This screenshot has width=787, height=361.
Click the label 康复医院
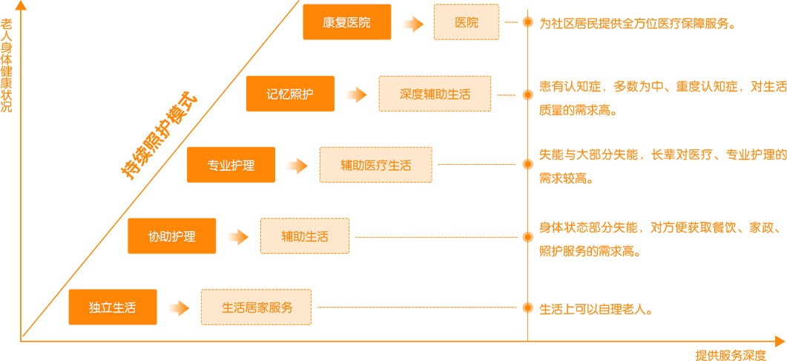click(x=346, y=23)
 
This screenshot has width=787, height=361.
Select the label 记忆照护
click(x=290, y=94)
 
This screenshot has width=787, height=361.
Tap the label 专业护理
click(x=231, y=166)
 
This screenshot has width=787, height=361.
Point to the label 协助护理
click(x=171, y=237)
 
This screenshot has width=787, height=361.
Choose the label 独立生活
click(x=112, y=308)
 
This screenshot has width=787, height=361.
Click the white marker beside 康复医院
click(x=409, y=25)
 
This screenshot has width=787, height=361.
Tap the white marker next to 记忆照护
click(x=352, y=94)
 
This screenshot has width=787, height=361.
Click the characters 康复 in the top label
click(x=335, y=23)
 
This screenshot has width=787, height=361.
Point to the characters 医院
click(x=358, y=23)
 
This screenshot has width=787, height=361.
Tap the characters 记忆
click(x=278, y=94)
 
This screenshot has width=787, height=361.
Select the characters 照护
click(x=302, y=94)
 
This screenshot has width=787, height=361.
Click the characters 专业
click(x=219, y=166)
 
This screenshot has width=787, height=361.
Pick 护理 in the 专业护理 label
click(x=243, y=166)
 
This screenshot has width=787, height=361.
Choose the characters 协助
click(x=159, y=237)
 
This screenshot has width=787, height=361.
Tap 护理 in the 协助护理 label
click(x=183, y=237)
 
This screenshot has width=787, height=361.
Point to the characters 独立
click(x=100, y=308)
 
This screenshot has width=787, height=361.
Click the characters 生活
click(x=124, y=308)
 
